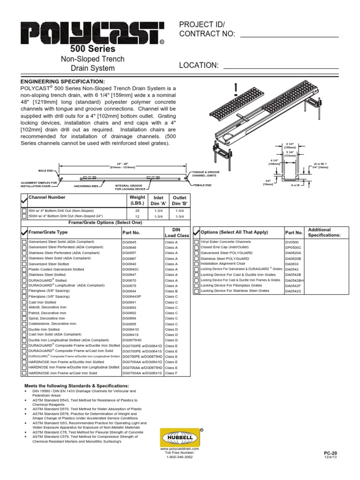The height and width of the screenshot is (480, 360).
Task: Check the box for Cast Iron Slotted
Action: click(24, 302)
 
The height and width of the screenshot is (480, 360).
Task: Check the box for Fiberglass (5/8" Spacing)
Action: click(24, 291)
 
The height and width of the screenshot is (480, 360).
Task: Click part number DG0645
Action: click(129, 242)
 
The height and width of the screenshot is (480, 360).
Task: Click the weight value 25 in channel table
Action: click(137, 211)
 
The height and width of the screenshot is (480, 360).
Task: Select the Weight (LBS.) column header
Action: click(137, 201)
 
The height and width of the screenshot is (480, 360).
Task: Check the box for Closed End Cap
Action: click(196, 247)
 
